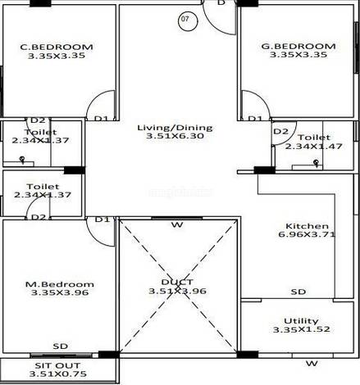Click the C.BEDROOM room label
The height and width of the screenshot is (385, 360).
[x=57, y=47]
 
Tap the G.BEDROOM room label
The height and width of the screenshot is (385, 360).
[x=298, y=46]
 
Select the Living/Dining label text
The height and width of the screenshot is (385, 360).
[x=175, y=128]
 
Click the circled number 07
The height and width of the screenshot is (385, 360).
[x=188, y=20]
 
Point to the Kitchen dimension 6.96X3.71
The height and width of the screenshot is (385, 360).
[x=307, y=234]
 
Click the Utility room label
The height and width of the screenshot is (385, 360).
[x=301, y=320]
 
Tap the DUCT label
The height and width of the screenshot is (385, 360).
[x=177, y=282]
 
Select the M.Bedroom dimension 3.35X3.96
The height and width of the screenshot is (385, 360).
[x=60, y=292]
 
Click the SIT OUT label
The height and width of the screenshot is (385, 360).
[x=57, y=365]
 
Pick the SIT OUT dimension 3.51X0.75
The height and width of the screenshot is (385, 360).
[x=57, y=374]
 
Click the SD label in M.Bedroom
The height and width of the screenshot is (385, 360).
[x=61, y=346]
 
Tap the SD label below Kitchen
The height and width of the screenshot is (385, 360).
[x=298, y=292]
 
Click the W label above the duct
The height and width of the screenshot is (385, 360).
[x=177, y=225]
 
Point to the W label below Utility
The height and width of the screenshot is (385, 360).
[x=312, y=364]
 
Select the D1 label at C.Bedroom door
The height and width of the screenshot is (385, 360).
[x=102, y=119]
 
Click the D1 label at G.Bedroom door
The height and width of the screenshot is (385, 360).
[x=255, y=119]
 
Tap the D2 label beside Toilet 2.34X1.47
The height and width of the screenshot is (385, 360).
[x=281, y=132]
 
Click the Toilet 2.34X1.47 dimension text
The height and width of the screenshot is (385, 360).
[x=314, y=147]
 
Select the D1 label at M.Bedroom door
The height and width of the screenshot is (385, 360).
[x=103, y=220]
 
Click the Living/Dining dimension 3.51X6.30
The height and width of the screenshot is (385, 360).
[x=175, y=136]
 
